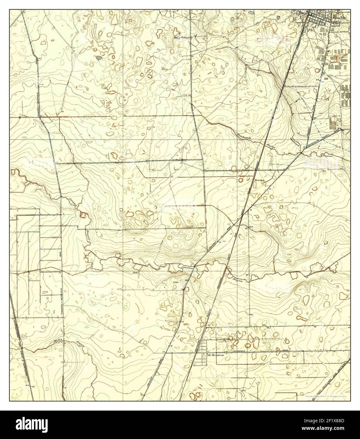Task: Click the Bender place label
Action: (x=259, y=180)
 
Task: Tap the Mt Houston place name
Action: (x=215, y=355)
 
